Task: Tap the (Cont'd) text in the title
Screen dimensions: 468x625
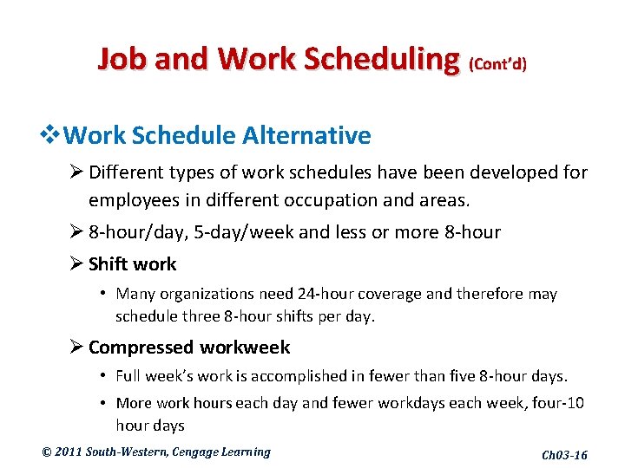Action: [x=497, y=63]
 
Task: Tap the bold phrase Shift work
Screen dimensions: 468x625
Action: [x=132, y=264]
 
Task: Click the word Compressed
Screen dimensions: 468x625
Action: [x=141, y=348]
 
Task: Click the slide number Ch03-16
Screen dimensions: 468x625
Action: [x=564, y=455]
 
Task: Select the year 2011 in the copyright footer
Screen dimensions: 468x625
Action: [x=68, y=452]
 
